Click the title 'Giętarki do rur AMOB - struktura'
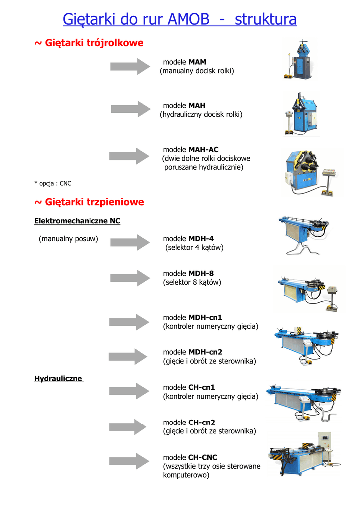pos(180,19)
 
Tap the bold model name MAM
pos(198,62)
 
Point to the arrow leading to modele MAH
pos(131,109)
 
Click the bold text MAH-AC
pos(204,149)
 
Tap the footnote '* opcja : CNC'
pos(53,183)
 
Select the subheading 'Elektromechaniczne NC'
pos(77,221)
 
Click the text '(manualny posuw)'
pos(69,239)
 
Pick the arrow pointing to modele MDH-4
pos(130,242)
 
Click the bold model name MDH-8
pos(201,274)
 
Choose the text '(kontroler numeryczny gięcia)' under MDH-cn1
pos(210,326)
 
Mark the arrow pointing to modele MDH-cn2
pos(128,357)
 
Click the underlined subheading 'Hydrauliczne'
pos(58,378)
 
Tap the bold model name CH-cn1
pos(202,387)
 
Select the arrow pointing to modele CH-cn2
pos(128,427)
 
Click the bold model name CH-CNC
pos(203,457)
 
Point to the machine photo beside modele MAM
pos(299,59)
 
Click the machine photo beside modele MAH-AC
pos(311,172)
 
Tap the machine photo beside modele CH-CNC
pos(304,454)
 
